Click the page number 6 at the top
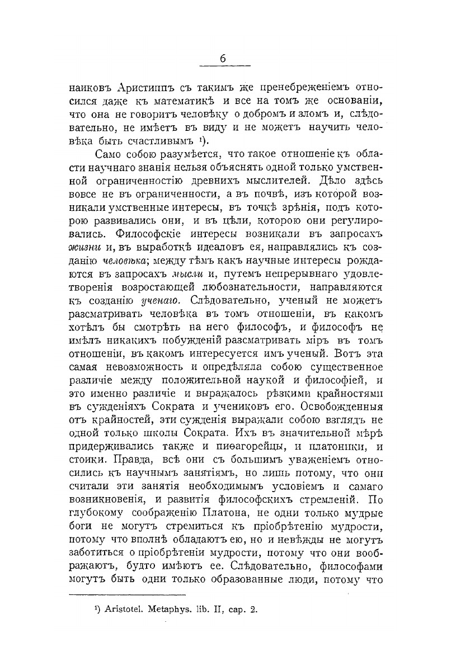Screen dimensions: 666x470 [222, 59]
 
